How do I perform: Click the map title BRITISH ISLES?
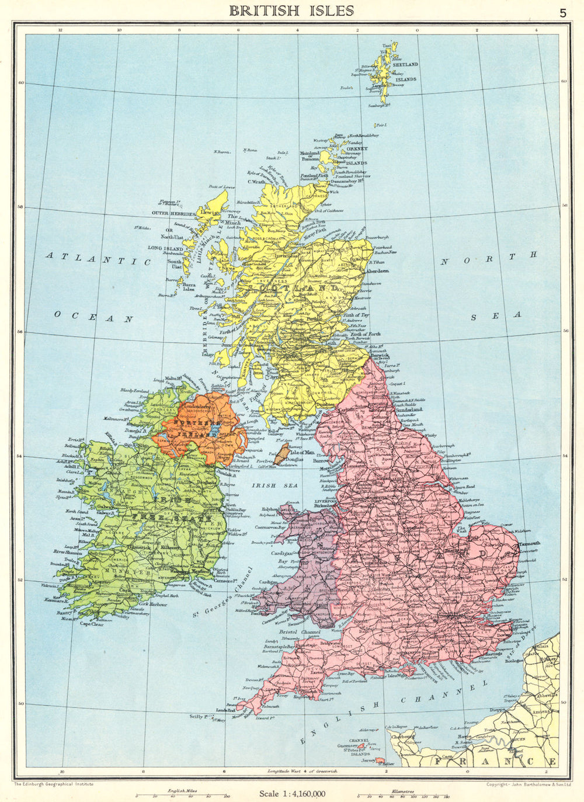pos(291,11)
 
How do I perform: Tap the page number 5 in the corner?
pos(562,12)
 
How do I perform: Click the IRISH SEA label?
pos(274,485)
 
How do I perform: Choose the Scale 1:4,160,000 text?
pos(293,793)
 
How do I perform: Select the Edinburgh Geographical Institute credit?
pos(53,784)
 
